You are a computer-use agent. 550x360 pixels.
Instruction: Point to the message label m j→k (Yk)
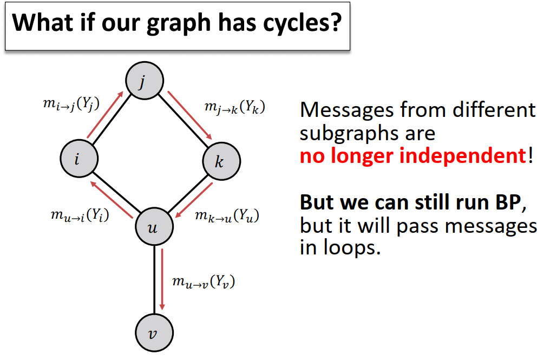coord(234,107)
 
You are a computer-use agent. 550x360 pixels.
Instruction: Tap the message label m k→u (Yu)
coord(226,216)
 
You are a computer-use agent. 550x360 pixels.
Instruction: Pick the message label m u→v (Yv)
coord(204,281)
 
